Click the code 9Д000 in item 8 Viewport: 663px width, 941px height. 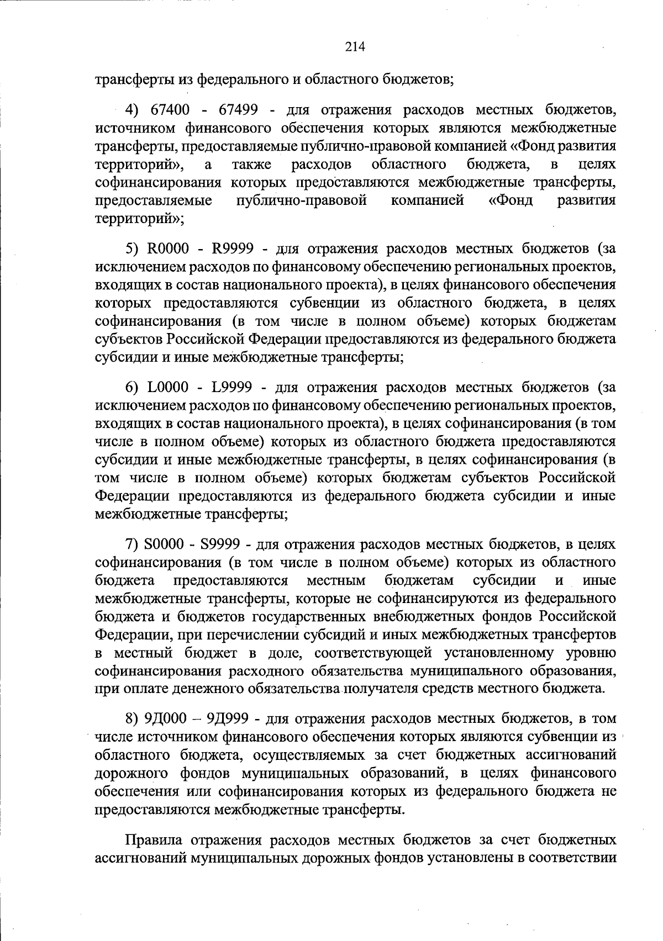pos(166,719)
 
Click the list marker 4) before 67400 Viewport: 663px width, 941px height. pos(134,109)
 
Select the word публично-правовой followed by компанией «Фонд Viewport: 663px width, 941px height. pos(302,200)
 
